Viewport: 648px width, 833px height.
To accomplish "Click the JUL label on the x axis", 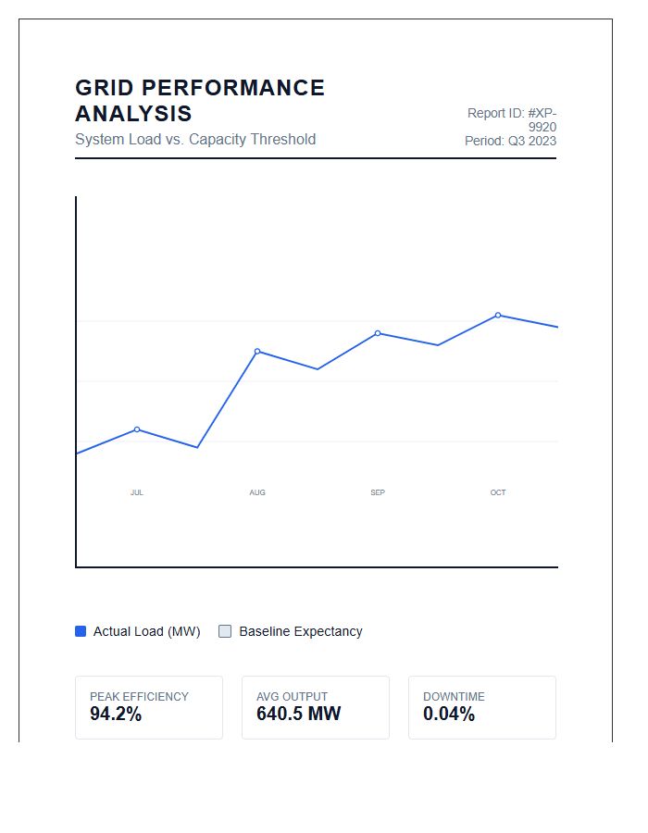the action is coord(136,492).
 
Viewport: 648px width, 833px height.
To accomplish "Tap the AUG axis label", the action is coord(257,492).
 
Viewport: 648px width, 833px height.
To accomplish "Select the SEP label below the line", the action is coord(378,492).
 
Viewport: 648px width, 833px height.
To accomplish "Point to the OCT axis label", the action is coord(498,492).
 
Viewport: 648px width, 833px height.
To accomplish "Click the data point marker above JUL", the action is coord(137,429).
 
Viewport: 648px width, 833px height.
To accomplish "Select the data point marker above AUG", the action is coord(257,351).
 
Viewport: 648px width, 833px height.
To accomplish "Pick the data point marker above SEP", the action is coord(378,333).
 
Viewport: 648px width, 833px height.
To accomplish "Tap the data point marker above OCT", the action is coord(498,315).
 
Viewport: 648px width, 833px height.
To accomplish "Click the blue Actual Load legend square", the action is coord(81,631).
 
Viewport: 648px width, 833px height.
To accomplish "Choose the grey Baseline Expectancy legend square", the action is coord(225,631).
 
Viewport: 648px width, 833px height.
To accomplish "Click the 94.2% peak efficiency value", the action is coord(116,714).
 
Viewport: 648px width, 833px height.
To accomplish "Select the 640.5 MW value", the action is coord(298,714).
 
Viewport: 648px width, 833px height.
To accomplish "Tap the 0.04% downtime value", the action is coord(449,714).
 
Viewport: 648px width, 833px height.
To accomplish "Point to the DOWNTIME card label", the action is coord(454,696).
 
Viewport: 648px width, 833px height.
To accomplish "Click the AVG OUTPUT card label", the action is coord(293,696).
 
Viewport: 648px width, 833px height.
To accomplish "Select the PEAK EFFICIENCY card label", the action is coord(139,696).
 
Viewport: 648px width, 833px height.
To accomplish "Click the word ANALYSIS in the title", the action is coord(133,114).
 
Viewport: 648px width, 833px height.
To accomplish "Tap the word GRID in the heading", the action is coord(105,88).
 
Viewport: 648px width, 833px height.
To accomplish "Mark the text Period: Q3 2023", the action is coord(510,141).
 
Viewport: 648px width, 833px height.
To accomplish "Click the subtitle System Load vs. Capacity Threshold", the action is coord(195,139).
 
